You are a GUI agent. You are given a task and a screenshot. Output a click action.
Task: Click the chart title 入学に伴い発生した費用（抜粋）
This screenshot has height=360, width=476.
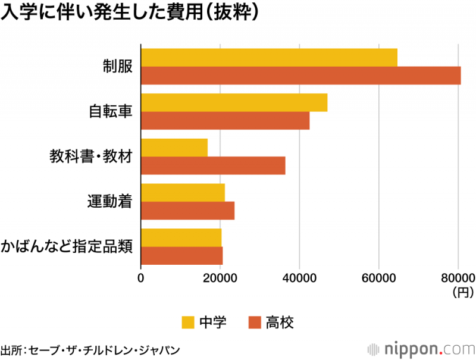pos(130,13)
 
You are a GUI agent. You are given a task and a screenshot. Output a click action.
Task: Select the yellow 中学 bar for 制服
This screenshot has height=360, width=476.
pos(269,57)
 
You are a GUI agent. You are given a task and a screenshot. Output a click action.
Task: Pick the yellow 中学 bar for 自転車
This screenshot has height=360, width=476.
pos(234,102)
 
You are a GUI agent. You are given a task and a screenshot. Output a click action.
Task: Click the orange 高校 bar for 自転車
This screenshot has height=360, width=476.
pos(225,121)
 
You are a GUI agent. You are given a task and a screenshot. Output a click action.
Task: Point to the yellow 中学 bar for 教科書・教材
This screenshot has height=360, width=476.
pos(174,148)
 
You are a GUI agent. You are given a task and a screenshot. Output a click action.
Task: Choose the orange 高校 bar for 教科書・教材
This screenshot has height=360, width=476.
pos(213,165)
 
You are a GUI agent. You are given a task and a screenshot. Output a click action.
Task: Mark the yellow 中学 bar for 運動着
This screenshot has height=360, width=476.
pos(183,193)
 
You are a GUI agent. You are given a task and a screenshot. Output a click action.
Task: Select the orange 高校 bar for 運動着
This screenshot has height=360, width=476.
pos(187,211)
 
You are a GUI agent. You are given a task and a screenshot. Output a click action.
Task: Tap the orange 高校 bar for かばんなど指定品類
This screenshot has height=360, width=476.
pos(181,256)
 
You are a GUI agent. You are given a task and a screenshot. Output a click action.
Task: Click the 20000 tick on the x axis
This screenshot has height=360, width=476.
pos(220,278)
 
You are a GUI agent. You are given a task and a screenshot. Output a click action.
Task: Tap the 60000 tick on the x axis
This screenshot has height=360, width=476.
pos(379,278)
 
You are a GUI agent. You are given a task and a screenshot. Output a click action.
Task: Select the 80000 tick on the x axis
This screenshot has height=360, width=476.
pos(458,278)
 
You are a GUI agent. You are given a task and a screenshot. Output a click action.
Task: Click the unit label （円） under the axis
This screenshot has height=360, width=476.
pos(462,293)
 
